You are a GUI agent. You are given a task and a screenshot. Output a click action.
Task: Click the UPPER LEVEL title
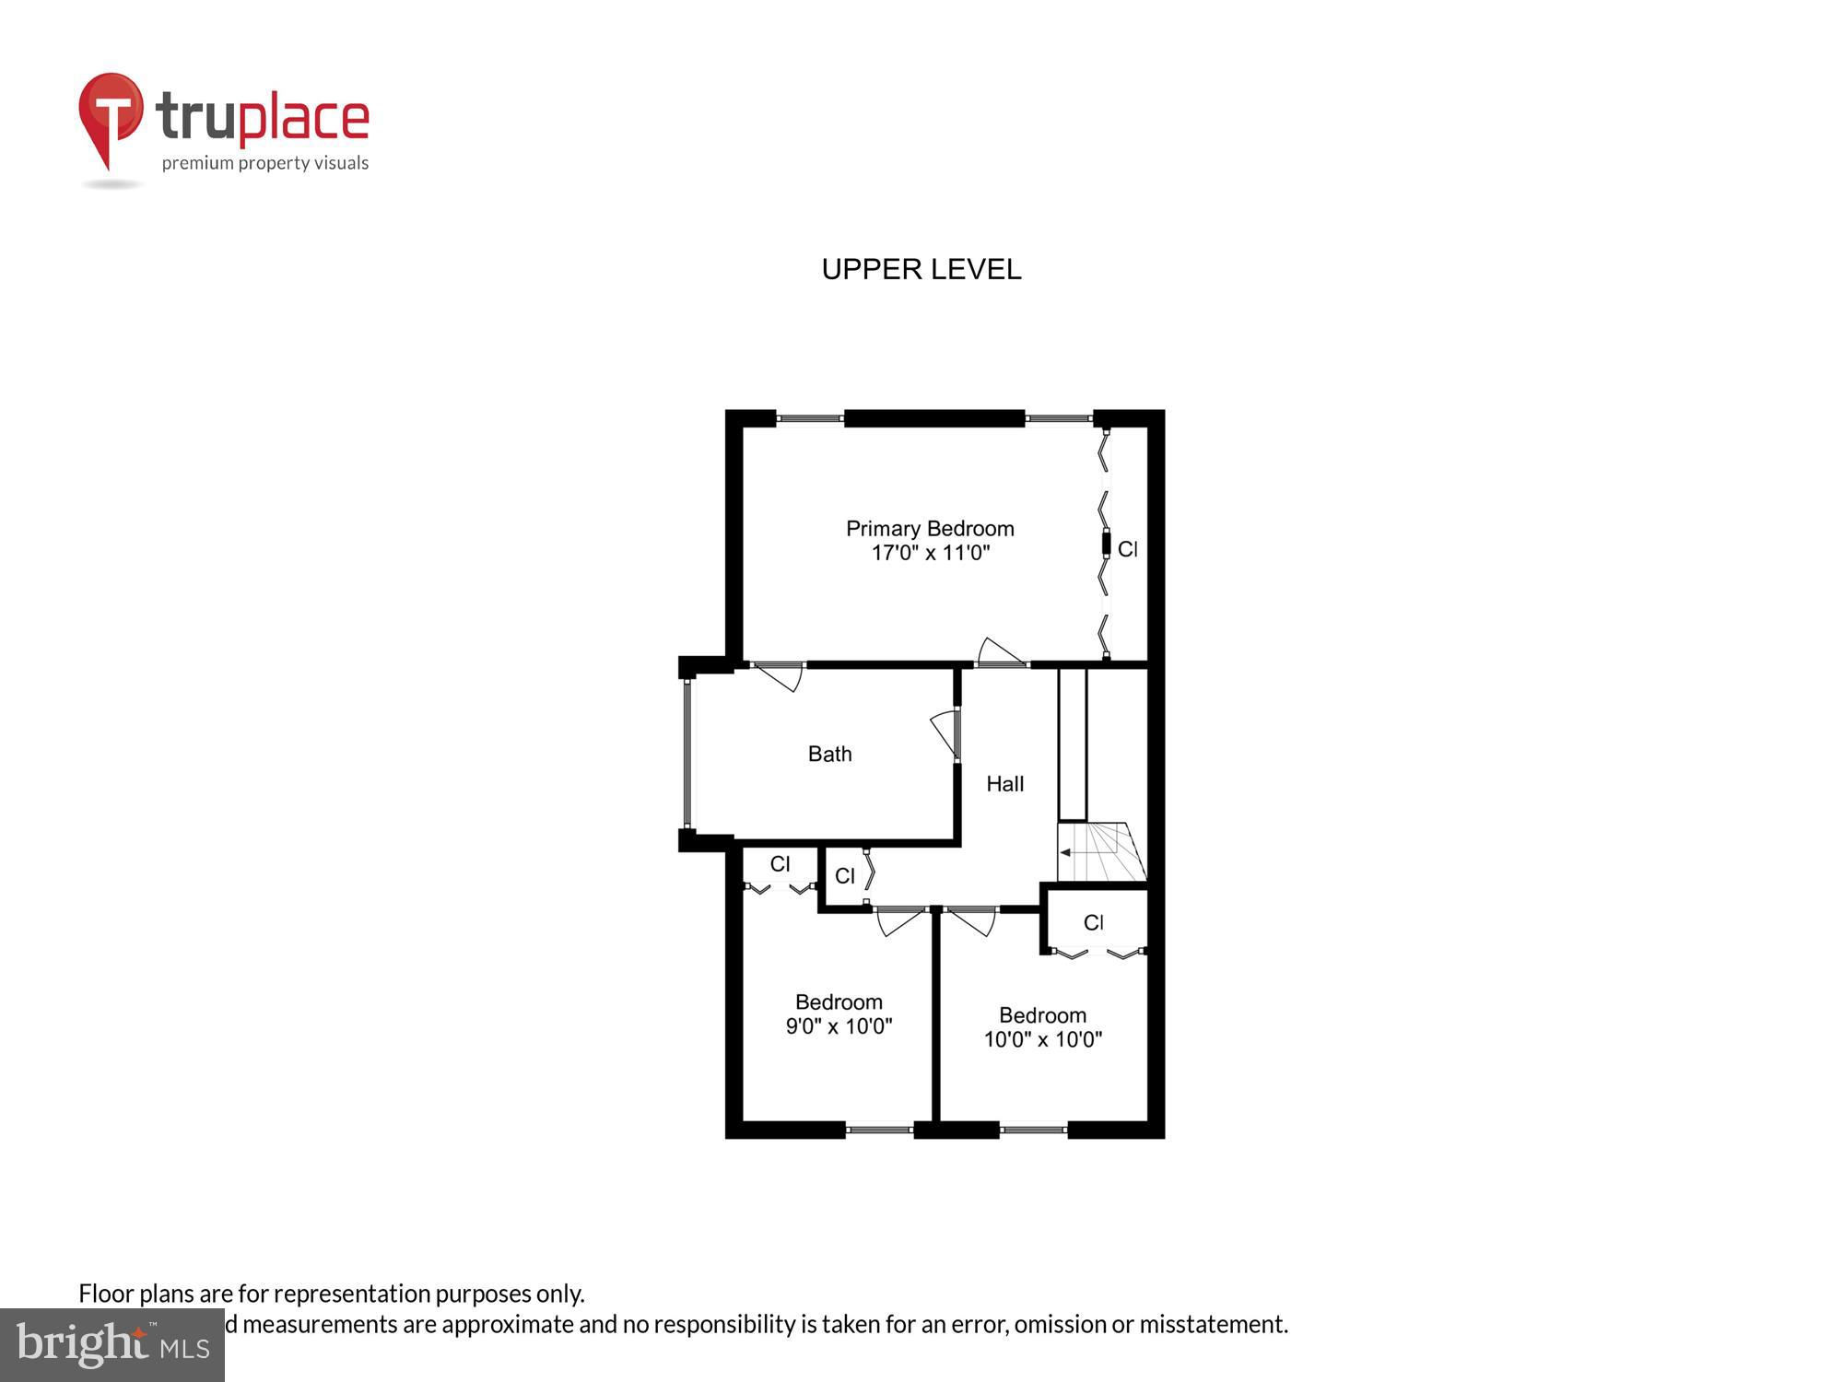pos(921,269)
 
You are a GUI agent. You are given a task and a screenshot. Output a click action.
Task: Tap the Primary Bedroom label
pos(930,529)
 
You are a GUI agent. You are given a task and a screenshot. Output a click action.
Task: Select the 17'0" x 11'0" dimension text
pos(930,553)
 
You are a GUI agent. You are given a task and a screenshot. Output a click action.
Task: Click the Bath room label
pos(829,754)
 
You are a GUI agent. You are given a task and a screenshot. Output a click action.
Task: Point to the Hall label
pos(1004,784)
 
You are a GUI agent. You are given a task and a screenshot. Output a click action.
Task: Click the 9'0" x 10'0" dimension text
pos(839,1026)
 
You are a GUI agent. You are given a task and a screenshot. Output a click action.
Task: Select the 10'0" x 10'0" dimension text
pos(1042,1039)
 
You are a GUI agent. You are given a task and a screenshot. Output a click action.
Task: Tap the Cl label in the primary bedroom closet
pos(1127,549)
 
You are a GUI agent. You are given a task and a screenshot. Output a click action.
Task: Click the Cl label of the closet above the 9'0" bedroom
pos(780,864)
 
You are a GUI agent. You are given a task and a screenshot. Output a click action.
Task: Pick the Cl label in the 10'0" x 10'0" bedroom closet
pos(1093,922)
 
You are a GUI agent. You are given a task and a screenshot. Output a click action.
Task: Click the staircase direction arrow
pos(1065,852)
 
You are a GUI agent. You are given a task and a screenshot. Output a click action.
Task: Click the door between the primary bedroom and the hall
pos(1001,653)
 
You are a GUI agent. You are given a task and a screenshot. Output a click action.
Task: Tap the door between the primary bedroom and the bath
pos(780,676)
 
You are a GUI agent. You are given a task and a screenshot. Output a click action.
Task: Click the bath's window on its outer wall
pos(687,754)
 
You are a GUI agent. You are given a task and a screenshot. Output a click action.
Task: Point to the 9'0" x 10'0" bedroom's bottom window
pos(879,1129)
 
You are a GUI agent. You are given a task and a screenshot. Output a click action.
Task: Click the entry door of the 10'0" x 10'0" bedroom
pos(971,920)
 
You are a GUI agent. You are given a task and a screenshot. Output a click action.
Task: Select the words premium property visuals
pos(265,164)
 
